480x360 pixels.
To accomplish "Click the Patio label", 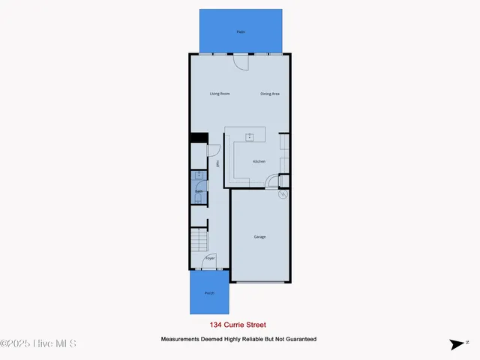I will (x=241, y=31).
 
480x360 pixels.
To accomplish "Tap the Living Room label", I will (x=220, y=94).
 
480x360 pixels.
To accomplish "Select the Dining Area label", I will (x=270, y=94).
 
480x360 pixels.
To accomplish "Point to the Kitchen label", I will (x=259, y=161).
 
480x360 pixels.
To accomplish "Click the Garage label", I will (x=259, y=237).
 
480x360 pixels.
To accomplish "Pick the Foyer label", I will (x=210, y=258).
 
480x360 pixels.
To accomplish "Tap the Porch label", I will (x=209, y=292).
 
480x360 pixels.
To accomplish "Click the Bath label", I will (x=199, y=192).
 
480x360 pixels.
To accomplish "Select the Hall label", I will (x=217, y=164).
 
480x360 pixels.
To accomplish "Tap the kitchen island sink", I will (x=250, y=136).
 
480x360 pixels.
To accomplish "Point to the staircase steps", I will (x=199, y=241).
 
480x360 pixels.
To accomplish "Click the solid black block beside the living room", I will (x=198, y=137).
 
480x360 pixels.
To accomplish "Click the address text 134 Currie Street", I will (x=237, y=325).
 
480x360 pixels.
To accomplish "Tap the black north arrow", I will (x=457, y=344).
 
